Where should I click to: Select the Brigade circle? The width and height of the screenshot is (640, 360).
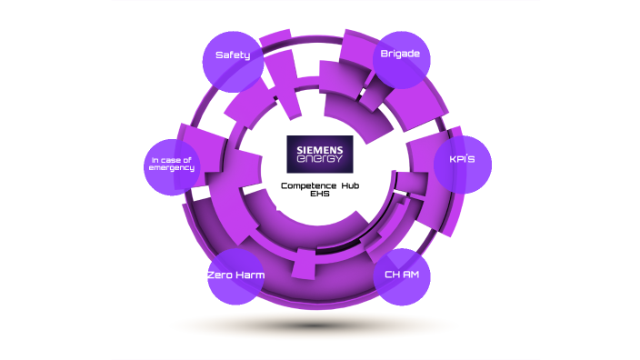tap(401, 58)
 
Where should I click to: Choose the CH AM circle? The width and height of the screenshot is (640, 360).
tap(402, 275)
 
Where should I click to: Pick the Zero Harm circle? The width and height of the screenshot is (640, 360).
tap(235, 275)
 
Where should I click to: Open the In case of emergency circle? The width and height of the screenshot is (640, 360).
tap(173, 165)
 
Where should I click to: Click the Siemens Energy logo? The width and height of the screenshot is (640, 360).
tap(319, 154)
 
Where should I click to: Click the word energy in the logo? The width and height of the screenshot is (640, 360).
tap(319, 160)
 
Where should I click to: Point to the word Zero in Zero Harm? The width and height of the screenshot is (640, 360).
tap(219, 275)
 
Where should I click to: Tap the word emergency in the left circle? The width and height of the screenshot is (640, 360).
tap(174, 168)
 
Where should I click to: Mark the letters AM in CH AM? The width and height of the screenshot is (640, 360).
tap(410, 275)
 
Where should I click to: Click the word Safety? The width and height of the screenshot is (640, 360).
tap(232, 55)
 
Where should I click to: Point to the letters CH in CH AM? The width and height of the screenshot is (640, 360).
tap(392, 275)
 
